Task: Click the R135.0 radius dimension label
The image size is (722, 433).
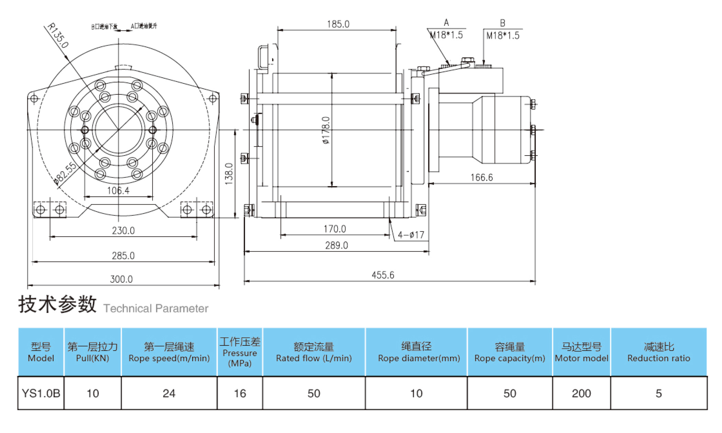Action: (x=58, y=35)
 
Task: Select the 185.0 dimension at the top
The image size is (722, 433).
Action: (x=338, y=24)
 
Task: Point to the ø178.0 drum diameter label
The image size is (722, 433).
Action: (x=326, y=130)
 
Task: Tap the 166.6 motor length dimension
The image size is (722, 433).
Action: (x=481, y=178)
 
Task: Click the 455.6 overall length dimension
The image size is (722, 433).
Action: (x=383, y=275)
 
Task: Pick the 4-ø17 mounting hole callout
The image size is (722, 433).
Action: (x=411, y=235)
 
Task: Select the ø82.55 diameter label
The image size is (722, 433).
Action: (x=65, y=174)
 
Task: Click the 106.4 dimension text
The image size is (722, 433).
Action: (x=118, y=191)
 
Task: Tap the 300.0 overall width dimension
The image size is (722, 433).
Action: (x=121, y=279)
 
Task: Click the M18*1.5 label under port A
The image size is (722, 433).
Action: (x=447, y=35)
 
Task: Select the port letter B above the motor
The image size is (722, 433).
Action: (x=502, y=23)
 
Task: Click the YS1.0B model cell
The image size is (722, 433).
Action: (x=41, y=393)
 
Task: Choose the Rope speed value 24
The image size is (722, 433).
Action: (x=169, y=393)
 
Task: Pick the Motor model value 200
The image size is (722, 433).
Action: (x=581, y=393)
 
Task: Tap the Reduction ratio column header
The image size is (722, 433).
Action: (x=658, y=352)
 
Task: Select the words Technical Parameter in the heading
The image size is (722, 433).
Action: (x=156, y=308)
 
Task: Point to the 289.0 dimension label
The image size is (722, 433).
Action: (x=336, y=246)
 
